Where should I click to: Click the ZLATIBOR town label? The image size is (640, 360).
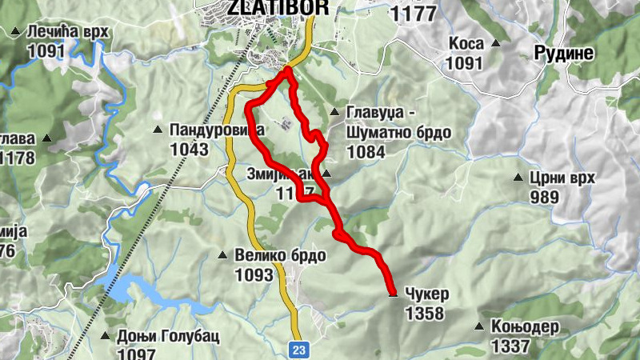click(x=267, y=7)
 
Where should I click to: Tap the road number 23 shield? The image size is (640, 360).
click(x=299, y=348)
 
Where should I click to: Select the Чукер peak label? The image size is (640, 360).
click(x=427, y=294)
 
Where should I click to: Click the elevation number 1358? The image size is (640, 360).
click(x=425, y=314)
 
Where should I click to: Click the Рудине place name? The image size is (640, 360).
click(x=564, y=54)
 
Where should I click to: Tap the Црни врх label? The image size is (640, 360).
click(x=562, y=178)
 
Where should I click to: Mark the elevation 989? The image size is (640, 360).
click(x=545, y=197)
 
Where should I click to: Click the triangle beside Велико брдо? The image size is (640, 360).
click(x=223, y=256)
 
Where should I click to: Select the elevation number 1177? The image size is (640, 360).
click(x=414, y=14)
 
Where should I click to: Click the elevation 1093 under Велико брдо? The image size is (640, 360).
click(x=254, y=275)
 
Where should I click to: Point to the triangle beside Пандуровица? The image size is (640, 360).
click(x=158, y=129)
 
